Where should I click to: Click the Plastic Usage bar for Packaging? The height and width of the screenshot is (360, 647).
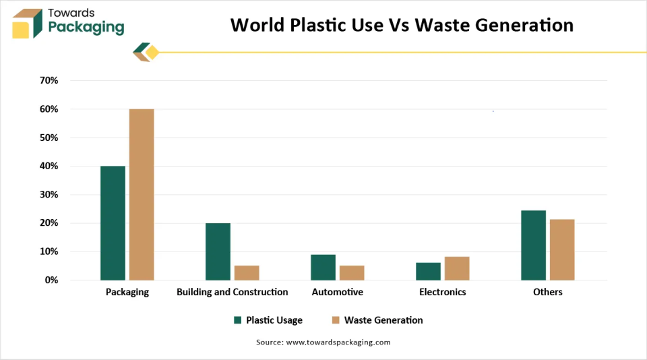[113, 222]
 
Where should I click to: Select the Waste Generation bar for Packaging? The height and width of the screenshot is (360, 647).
[142, 194]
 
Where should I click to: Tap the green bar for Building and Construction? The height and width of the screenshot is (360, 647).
[218, 251]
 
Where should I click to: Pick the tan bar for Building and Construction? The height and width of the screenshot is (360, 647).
[247, 272]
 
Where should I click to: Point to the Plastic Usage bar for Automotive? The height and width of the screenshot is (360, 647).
[323, 267]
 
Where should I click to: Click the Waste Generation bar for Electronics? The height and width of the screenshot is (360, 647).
[457, 268]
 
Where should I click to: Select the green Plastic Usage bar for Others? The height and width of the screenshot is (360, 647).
[533, 245]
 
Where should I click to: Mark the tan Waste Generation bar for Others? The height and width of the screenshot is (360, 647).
[562, 249]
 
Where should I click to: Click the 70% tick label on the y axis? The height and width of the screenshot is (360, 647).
[49, 81]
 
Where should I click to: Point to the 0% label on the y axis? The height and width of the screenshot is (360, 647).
[52, 280]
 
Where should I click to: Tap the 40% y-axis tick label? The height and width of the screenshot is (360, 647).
[49, 166]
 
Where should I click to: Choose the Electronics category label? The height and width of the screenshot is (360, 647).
[442, 292]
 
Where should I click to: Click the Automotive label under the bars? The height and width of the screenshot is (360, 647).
[337, 292]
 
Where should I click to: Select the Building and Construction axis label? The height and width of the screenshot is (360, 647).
[232, 292]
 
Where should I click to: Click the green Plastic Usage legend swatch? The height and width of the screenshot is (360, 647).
[237, 320]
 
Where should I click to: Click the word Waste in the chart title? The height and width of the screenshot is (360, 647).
[443, 25]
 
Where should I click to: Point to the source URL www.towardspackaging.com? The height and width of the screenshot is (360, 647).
[338, 342]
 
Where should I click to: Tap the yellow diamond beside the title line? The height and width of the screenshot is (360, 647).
[152, 53]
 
